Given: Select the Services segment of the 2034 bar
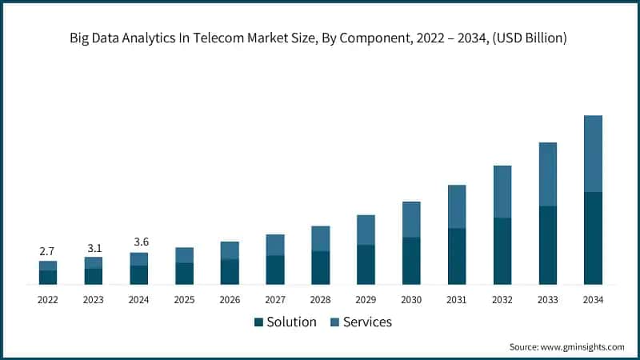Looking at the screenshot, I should click(593, 154).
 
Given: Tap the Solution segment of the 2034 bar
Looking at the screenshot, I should click(593, 238).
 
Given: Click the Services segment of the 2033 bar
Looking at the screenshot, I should click(547, 174).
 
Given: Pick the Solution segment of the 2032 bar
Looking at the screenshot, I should click(502, 251).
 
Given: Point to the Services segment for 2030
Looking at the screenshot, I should click(411, 219).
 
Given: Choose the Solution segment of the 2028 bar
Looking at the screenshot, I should click(320, 268).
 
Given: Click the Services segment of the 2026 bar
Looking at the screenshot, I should click(230, 250).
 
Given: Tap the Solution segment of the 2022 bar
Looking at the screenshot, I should click(48, 277).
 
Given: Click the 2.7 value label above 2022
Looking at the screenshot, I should click(48, 252).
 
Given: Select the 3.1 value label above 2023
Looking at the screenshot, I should click(94, 248).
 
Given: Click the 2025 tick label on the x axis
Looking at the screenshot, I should click(184, 300).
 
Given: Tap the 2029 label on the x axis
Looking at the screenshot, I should click(366, 300).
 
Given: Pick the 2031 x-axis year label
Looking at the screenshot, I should click(457, 300).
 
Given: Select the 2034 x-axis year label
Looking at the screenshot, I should click(593, 300).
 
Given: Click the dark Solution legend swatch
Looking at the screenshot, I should click(258, 322).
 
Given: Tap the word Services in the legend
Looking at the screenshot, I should click(367, 322).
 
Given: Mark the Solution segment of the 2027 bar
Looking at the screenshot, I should click(275, 270).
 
